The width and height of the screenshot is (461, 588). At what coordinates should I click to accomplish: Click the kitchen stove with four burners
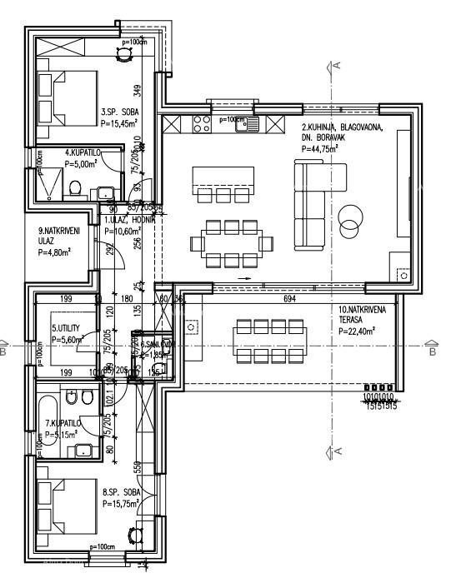coord(202,125)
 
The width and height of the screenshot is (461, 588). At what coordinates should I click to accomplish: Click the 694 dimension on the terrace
coord(290,297)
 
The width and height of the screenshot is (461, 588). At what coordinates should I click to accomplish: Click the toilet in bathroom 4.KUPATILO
coord(74,188)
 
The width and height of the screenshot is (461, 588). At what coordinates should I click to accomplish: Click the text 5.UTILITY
coord(67,328)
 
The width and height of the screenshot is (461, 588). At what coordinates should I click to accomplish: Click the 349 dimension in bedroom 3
coord(138,87)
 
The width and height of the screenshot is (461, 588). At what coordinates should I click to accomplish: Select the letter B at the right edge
coord(432,351)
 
